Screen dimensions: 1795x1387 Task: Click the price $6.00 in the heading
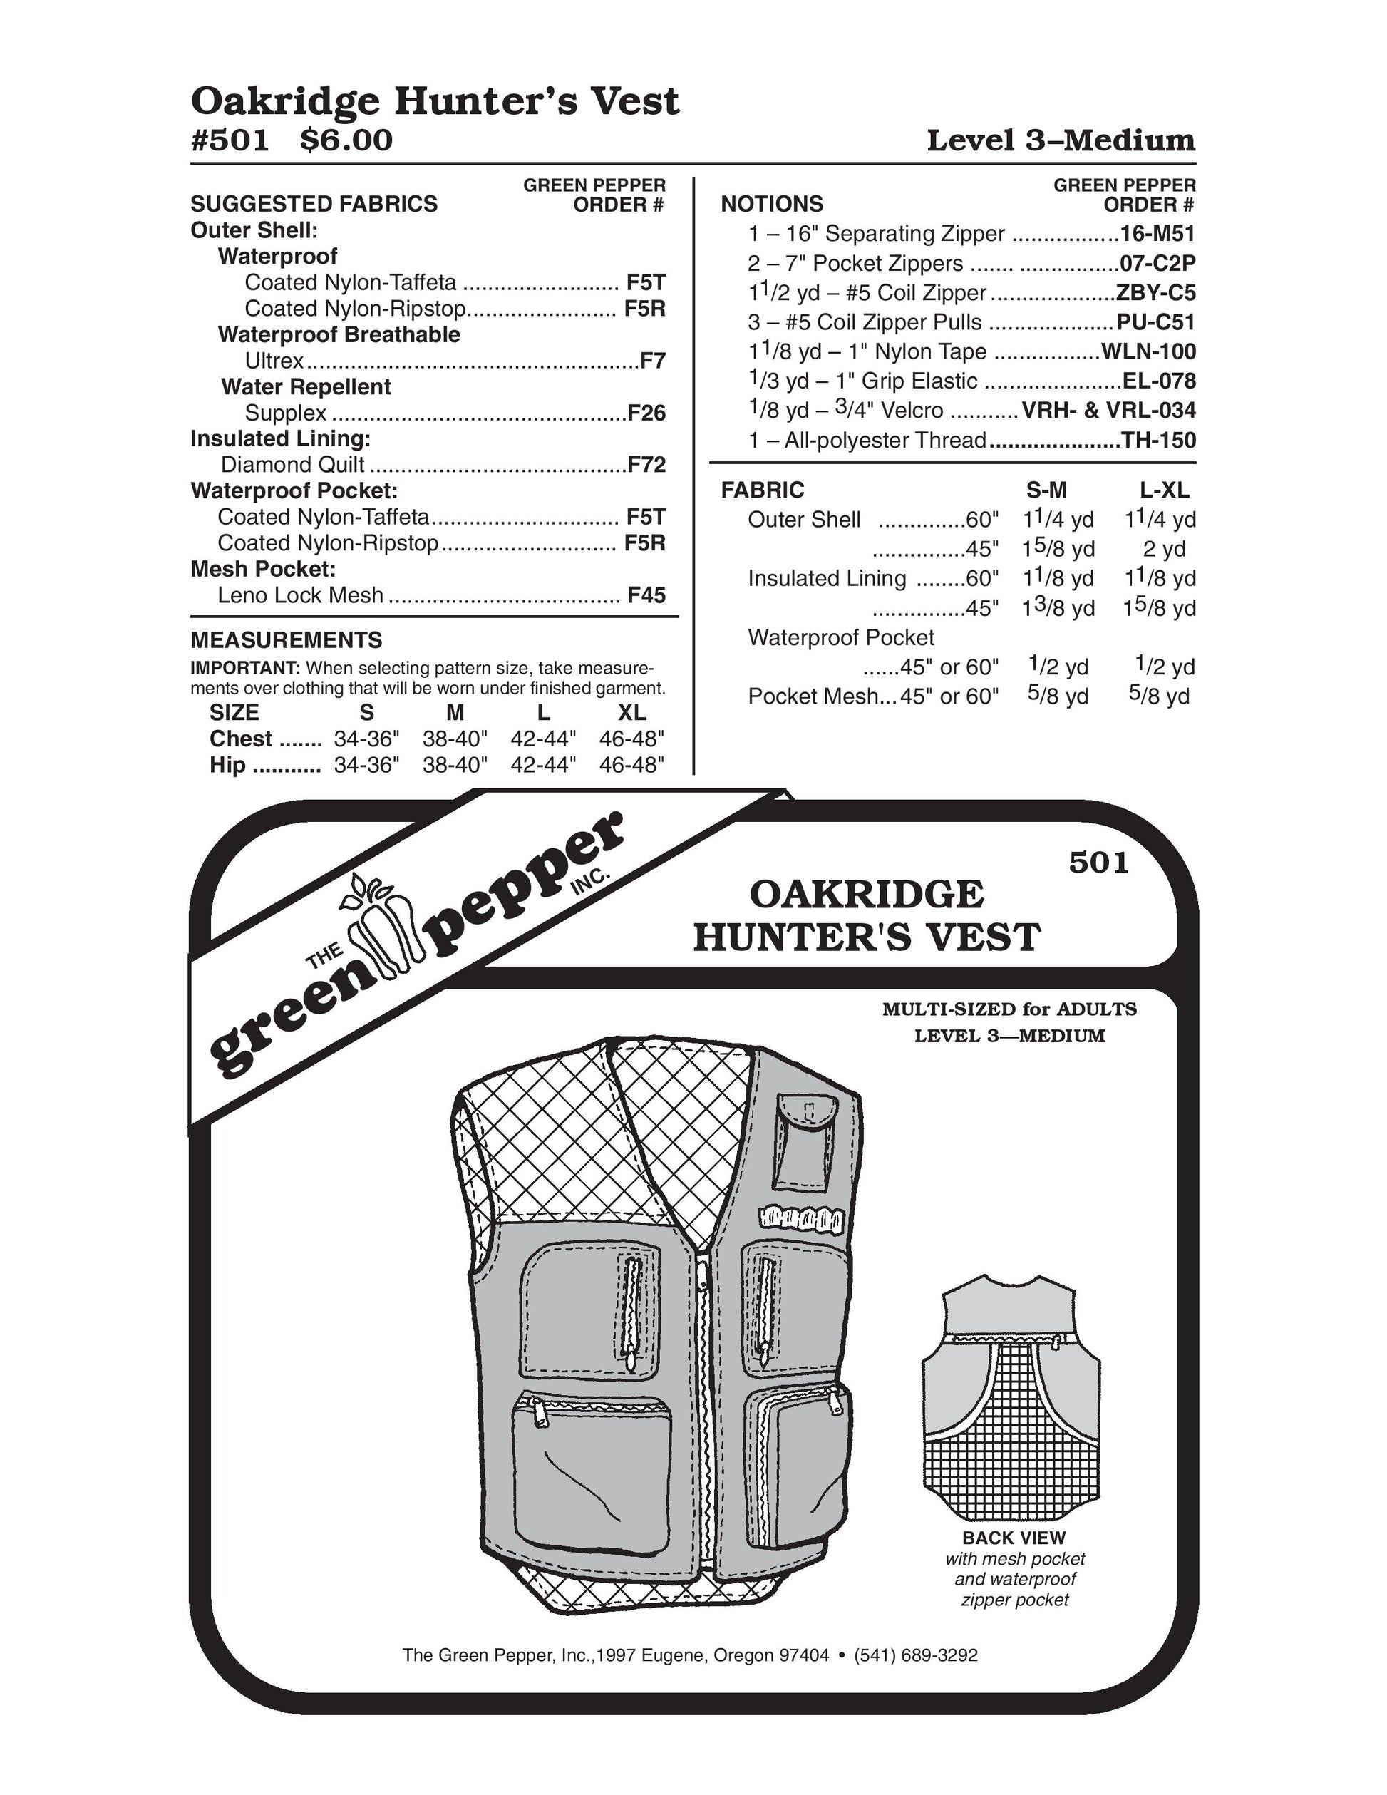point(346,140)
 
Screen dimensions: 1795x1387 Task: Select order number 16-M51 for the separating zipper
point(1157,235)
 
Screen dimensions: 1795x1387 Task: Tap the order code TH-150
point(1159,441)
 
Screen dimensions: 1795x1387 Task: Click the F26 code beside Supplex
point(646,413)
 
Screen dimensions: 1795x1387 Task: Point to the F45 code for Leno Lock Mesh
point(646,595)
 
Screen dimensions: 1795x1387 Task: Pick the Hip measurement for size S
point(366,765)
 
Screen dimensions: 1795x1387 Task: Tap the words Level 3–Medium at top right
point(1060,140)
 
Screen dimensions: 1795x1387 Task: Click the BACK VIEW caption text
point(1014,1538)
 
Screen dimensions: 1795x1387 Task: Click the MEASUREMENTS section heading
point(286,640)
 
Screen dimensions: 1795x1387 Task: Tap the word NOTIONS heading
point(772,204)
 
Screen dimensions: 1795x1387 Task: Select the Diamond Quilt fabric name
point(292,466)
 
